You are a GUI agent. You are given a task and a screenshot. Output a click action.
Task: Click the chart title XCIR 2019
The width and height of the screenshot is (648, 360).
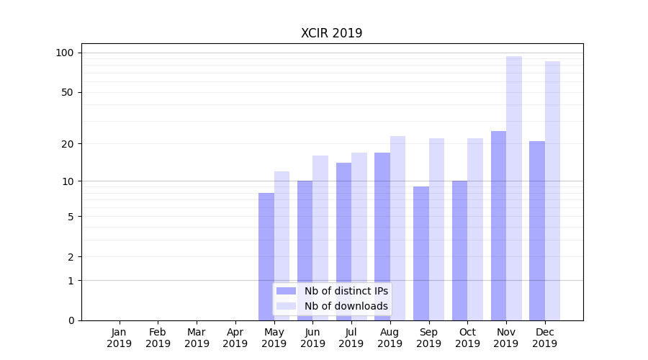click(x=331, y=34)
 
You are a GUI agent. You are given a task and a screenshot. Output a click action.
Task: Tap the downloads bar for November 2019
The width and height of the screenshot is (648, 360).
click(x=514, y=188)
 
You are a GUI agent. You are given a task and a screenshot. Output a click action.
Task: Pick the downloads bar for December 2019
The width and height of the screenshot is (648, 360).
click(x=552, y=191)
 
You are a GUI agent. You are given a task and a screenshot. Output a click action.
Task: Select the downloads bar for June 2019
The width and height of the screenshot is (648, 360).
click(x=320, y=238)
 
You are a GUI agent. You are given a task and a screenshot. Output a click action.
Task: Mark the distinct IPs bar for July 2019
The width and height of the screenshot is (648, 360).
click(x=343, y=241)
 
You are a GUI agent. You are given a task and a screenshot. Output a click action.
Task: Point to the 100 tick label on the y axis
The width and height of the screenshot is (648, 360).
click(x=65, y=53)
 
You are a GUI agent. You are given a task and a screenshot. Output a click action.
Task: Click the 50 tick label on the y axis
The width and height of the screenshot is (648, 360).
click(x=67, y=92)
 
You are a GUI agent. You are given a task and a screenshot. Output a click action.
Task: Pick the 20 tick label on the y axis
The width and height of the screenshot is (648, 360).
click(x=67, y=144)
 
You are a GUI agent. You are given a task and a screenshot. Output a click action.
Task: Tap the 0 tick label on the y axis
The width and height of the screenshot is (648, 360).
click(x=70, y=320)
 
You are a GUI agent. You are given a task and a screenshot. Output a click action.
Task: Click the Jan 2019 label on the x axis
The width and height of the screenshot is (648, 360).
click(x=120, y=338)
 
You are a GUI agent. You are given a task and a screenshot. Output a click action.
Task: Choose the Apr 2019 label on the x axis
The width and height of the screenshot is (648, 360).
click(x=235, y=338)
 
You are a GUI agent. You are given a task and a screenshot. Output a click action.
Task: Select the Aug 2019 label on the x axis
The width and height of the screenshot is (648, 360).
click(x=390, y=338)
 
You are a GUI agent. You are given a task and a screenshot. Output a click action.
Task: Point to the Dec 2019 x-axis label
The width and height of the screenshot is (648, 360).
click(x=545, y=338)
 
